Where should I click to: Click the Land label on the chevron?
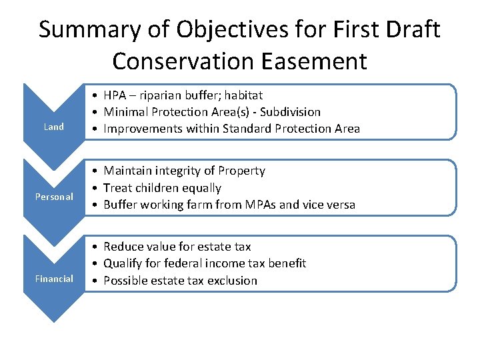tap(54, 127)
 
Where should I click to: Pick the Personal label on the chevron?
tap(54, 197)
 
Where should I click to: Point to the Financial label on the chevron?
tap(54, 279)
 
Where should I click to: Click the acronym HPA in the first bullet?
tap(116, 95)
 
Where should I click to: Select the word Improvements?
tap(142, 129)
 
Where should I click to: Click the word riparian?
tap(172, 95)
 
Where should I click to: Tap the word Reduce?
tap(123, 247)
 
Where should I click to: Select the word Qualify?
tap(123, 263)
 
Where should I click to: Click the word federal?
tap(183, 263)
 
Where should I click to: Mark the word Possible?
tap(125, 280)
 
